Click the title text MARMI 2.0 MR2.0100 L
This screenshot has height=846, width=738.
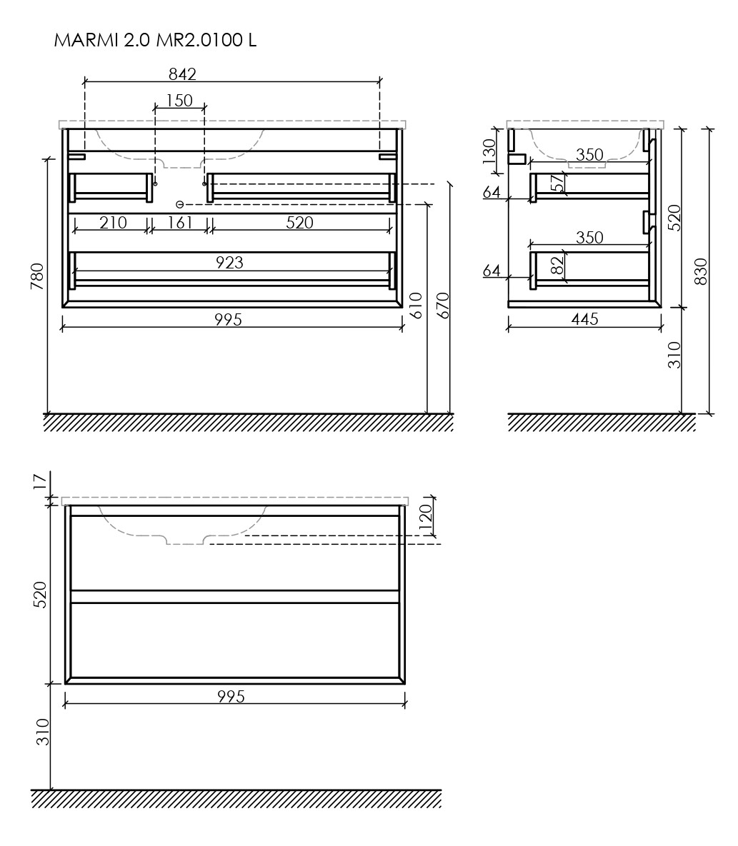(155, 41)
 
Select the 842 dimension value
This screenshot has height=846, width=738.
(182, 74)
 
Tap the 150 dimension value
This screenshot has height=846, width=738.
(179, 101)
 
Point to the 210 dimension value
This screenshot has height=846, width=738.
(113, 222)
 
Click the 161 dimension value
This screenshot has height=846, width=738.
(180, 222)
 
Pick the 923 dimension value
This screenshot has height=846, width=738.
(229, 262)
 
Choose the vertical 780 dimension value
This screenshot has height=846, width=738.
(37, 276)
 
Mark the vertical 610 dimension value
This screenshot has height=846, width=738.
(417, 306)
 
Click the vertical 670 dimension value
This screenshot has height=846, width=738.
(442, 306)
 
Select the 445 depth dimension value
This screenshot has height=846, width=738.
(584, 319)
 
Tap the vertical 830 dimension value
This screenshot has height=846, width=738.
(700, 271)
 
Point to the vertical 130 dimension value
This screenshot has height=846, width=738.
(489, 151)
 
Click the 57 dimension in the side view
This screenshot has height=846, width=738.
(557, 184)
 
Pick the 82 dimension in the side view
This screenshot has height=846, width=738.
(557, 266)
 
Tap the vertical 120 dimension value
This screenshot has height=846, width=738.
(425, 516)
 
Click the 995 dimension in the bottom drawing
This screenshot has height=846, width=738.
(231, 697)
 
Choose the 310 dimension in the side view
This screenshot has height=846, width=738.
(675, 355)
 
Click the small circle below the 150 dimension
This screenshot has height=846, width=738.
(180, 204)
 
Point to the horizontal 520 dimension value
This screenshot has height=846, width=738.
(299, 222)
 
